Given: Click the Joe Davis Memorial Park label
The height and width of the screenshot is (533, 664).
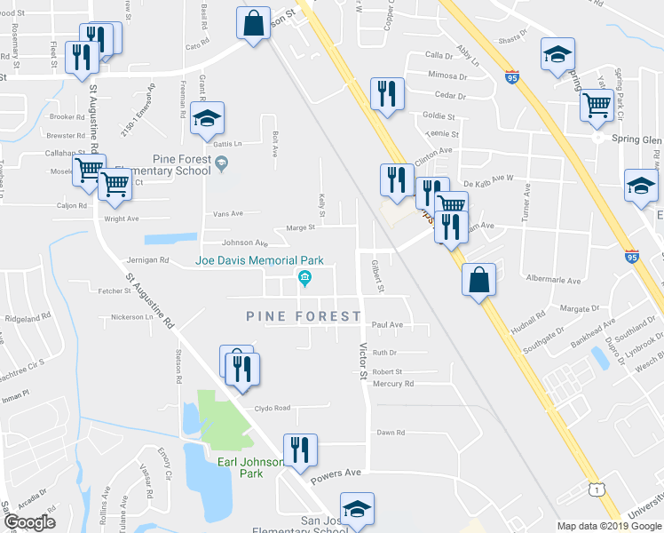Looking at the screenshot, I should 259,261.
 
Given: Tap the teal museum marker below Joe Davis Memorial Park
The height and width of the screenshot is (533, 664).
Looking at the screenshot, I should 304,281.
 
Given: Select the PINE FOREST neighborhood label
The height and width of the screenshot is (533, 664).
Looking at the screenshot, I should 304,316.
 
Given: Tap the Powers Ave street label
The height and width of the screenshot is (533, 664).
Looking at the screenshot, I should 336,473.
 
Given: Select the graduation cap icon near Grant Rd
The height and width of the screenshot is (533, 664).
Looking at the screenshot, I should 207,118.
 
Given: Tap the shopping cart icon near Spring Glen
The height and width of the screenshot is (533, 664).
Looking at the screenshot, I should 597,107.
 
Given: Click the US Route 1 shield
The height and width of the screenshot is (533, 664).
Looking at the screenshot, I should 599,489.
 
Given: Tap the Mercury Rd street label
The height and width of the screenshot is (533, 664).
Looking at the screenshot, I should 392,384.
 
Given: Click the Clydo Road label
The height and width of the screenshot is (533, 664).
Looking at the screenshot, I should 273,409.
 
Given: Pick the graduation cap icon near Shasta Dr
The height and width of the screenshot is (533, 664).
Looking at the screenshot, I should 558,56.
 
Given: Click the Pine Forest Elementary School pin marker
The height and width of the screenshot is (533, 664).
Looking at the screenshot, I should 223,162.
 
